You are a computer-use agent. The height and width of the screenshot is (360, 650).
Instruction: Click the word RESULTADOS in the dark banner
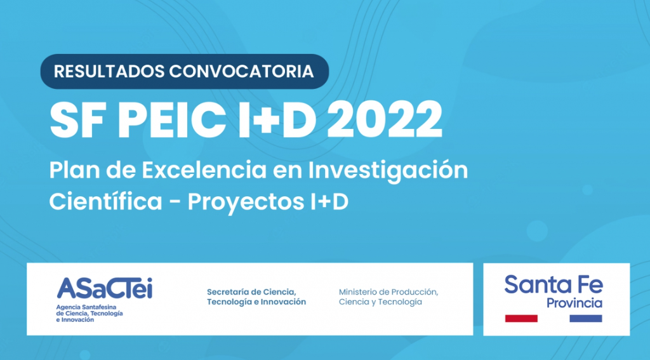(x=109, y=71)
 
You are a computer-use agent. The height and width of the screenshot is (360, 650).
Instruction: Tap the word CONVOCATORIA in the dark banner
(x=241, y=71)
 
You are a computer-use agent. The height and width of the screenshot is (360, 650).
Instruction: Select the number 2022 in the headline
(x=384, y=119)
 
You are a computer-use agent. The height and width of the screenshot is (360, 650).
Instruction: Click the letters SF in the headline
(x=80, y=119)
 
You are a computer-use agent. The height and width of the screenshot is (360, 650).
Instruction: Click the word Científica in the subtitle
(x=106, y=201)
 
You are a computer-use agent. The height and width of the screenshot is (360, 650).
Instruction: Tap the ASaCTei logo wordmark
(x=105, y=288)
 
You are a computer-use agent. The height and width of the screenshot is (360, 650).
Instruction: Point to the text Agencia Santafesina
(x=86, y=307)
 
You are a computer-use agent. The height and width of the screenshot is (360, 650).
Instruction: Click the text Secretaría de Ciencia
(x=251, y=292)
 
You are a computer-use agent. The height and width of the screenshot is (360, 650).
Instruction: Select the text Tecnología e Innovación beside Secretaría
(x=256, y=302)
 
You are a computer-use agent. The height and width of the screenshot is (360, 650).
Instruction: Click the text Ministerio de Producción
(x=388, y=292)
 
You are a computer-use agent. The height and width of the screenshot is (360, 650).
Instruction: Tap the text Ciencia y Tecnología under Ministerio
(x=380, y=302)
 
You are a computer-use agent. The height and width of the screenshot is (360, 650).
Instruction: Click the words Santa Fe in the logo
(x=554, y=284)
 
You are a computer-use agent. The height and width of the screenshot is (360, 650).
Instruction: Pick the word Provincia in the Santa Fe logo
(x=574, y=303)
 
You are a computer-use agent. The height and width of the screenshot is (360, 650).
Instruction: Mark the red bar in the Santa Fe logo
(x=521, y=319)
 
